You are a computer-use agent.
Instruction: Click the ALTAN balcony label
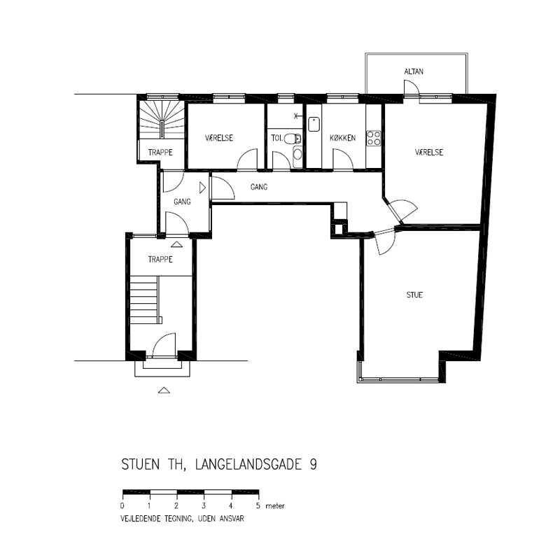414,71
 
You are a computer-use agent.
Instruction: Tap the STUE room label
414,295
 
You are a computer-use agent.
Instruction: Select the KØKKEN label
342,138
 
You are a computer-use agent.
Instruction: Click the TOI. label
276,138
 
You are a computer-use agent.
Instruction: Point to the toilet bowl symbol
293,138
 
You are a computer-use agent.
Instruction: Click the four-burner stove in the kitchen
374,138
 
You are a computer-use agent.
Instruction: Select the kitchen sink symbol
314,124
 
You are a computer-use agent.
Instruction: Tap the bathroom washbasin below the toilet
297,154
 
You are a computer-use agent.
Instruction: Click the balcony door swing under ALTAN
411,88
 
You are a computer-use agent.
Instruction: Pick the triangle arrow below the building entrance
164,391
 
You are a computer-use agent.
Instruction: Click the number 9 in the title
313,464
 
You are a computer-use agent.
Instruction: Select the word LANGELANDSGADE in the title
248,464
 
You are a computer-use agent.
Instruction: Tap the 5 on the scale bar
258,505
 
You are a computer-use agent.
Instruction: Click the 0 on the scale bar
122,505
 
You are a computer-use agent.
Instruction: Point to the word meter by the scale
275,505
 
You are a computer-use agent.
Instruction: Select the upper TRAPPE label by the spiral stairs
160,153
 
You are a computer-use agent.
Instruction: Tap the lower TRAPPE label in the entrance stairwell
160,259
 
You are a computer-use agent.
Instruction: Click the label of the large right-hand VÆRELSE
429,153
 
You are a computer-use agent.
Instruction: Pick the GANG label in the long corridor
259,187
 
